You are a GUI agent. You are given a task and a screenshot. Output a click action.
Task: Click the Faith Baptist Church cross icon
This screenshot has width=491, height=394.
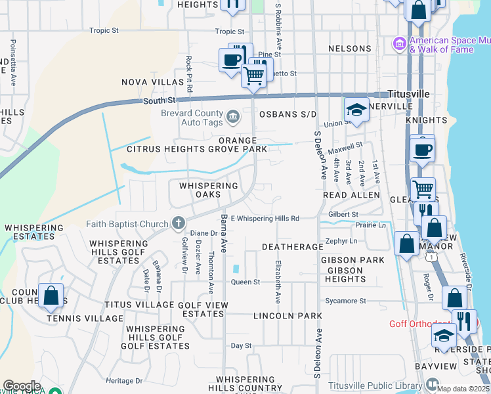(x=177, y=223)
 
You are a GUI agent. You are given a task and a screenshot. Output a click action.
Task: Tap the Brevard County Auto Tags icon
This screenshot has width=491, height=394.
(x=233, y=118)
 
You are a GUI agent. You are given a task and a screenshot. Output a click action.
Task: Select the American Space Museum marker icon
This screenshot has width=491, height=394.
(x=398, y=44)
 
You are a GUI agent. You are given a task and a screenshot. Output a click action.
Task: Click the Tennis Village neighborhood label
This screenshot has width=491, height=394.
(x=85, y=318)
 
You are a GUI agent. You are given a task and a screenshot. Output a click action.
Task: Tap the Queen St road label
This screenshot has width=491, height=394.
(x=245, y=282)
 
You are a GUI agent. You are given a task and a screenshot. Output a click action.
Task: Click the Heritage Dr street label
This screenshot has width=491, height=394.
(x=124, y=381)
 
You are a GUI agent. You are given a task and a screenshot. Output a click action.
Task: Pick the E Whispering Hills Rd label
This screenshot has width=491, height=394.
(x=265, y=218)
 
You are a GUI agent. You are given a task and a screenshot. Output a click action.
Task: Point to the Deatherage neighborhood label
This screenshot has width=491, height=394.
(x=292, y=247)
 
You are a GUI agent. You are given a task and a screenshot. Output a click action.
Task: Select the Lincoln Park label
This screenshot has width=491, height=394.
(x=284, y=316)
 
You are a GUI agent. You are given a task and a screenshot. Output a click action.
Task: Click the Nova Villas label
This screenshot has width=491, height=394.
(x=153, y=82)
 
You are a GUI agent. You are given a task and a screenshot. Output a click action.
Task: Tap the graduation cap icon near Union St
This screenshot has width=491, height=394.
(x=356, y=109)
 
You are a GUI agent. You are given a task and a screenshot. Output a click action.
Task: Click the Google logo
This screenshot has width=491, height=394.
(x=22, y=386)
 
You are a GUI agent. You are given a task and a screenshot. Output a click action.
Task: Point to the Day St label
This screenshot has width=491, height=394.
(x=241, y=345)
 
